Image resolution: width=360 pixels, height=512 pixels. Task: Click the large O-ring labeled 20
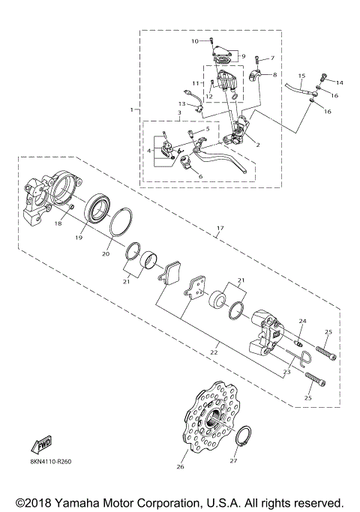click(x=118, y=223)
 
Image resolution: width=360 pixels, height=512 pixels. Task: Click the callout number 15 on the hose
click(x=301, y=76)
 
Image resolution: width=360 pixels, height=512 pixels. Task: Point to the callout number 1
click(x=131, y=109)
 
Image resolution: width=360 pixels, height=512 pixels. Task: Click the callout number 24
click(x=302, y=322)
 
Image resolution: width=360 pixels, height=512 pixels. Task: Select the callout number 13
click(x=181, y=104)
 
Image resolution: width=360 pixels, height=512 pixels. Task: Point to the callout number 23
click(x=286, y=370)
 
